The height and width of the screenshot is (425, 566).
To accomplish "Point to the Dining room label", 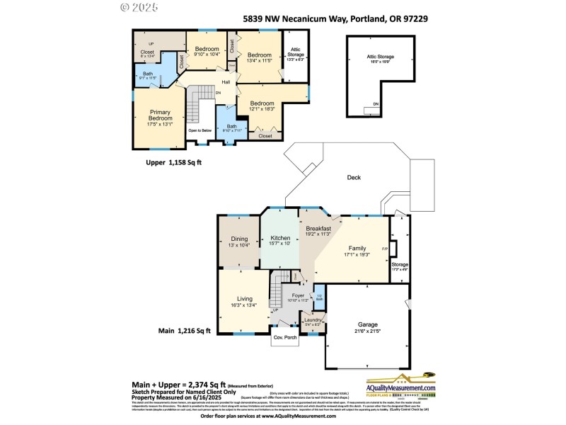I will pos(239,239).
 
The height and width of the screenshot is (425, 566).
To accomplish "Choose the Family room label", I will pos(357,249).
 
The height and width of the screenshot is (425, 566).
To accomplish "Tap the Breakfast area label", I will pos(318,229).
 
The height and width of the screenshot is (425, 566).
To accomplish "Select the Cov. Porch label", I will pos(285,337).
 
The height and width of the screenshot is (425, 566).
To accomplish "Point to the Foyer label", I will pos(298,295).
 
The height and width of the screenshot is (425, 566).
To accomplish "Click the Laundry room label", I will pos(312,320).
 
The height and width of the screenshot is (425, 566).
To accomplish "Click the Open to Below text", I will pos(200,130).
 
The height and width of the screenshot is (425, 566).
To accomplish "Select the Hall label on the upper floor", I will pos(226,82).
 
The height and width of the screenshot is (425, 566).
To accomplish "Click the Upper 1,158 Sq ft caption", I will pos(174,162).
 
